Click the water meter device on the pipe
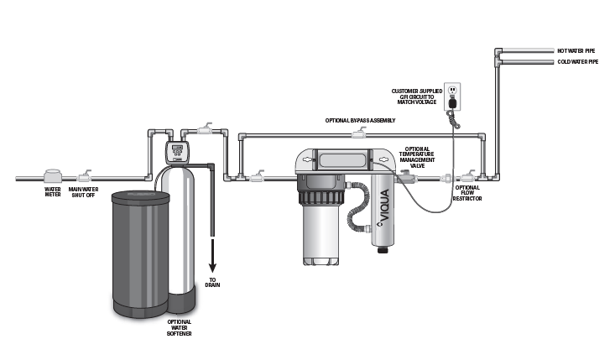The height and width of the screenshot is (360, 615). pos(52,175)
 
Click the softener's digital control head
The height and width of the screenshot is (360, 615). pos(175,153)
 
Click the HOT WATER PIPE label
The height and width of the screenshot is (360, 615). pos(577,51)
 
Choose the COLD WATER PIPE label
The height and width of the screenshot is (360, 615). pos(578,61)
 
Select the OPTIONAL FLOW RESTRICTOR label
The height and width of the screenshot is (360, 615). pos(467,194)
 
